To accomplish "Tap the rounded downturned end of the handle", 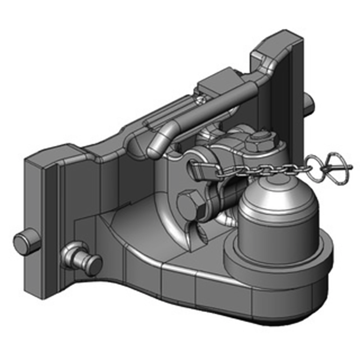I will (x=155, y=147).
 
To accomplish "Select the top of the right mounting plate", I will (x=274, y=45).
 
